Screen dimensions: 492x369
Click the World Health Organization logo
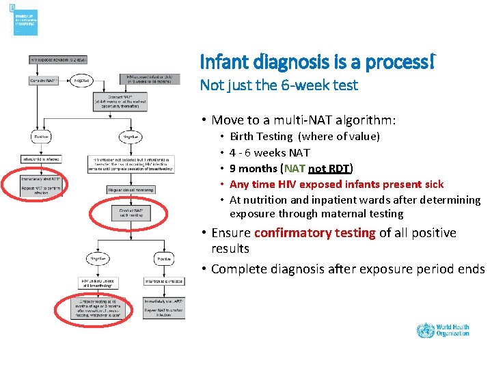point(443,330)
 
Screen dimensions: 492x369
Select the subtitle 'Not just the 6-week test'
point(278,85)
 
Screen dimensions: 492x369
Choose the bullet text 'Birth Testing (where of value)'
point(304,137)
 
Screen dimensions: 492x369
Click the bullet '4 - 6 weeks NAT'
point(269,152)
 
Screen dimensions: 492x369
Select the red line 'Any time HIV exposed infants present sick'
point(336,184)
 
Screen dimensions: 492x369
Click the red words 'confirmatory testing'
point(314,233)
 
